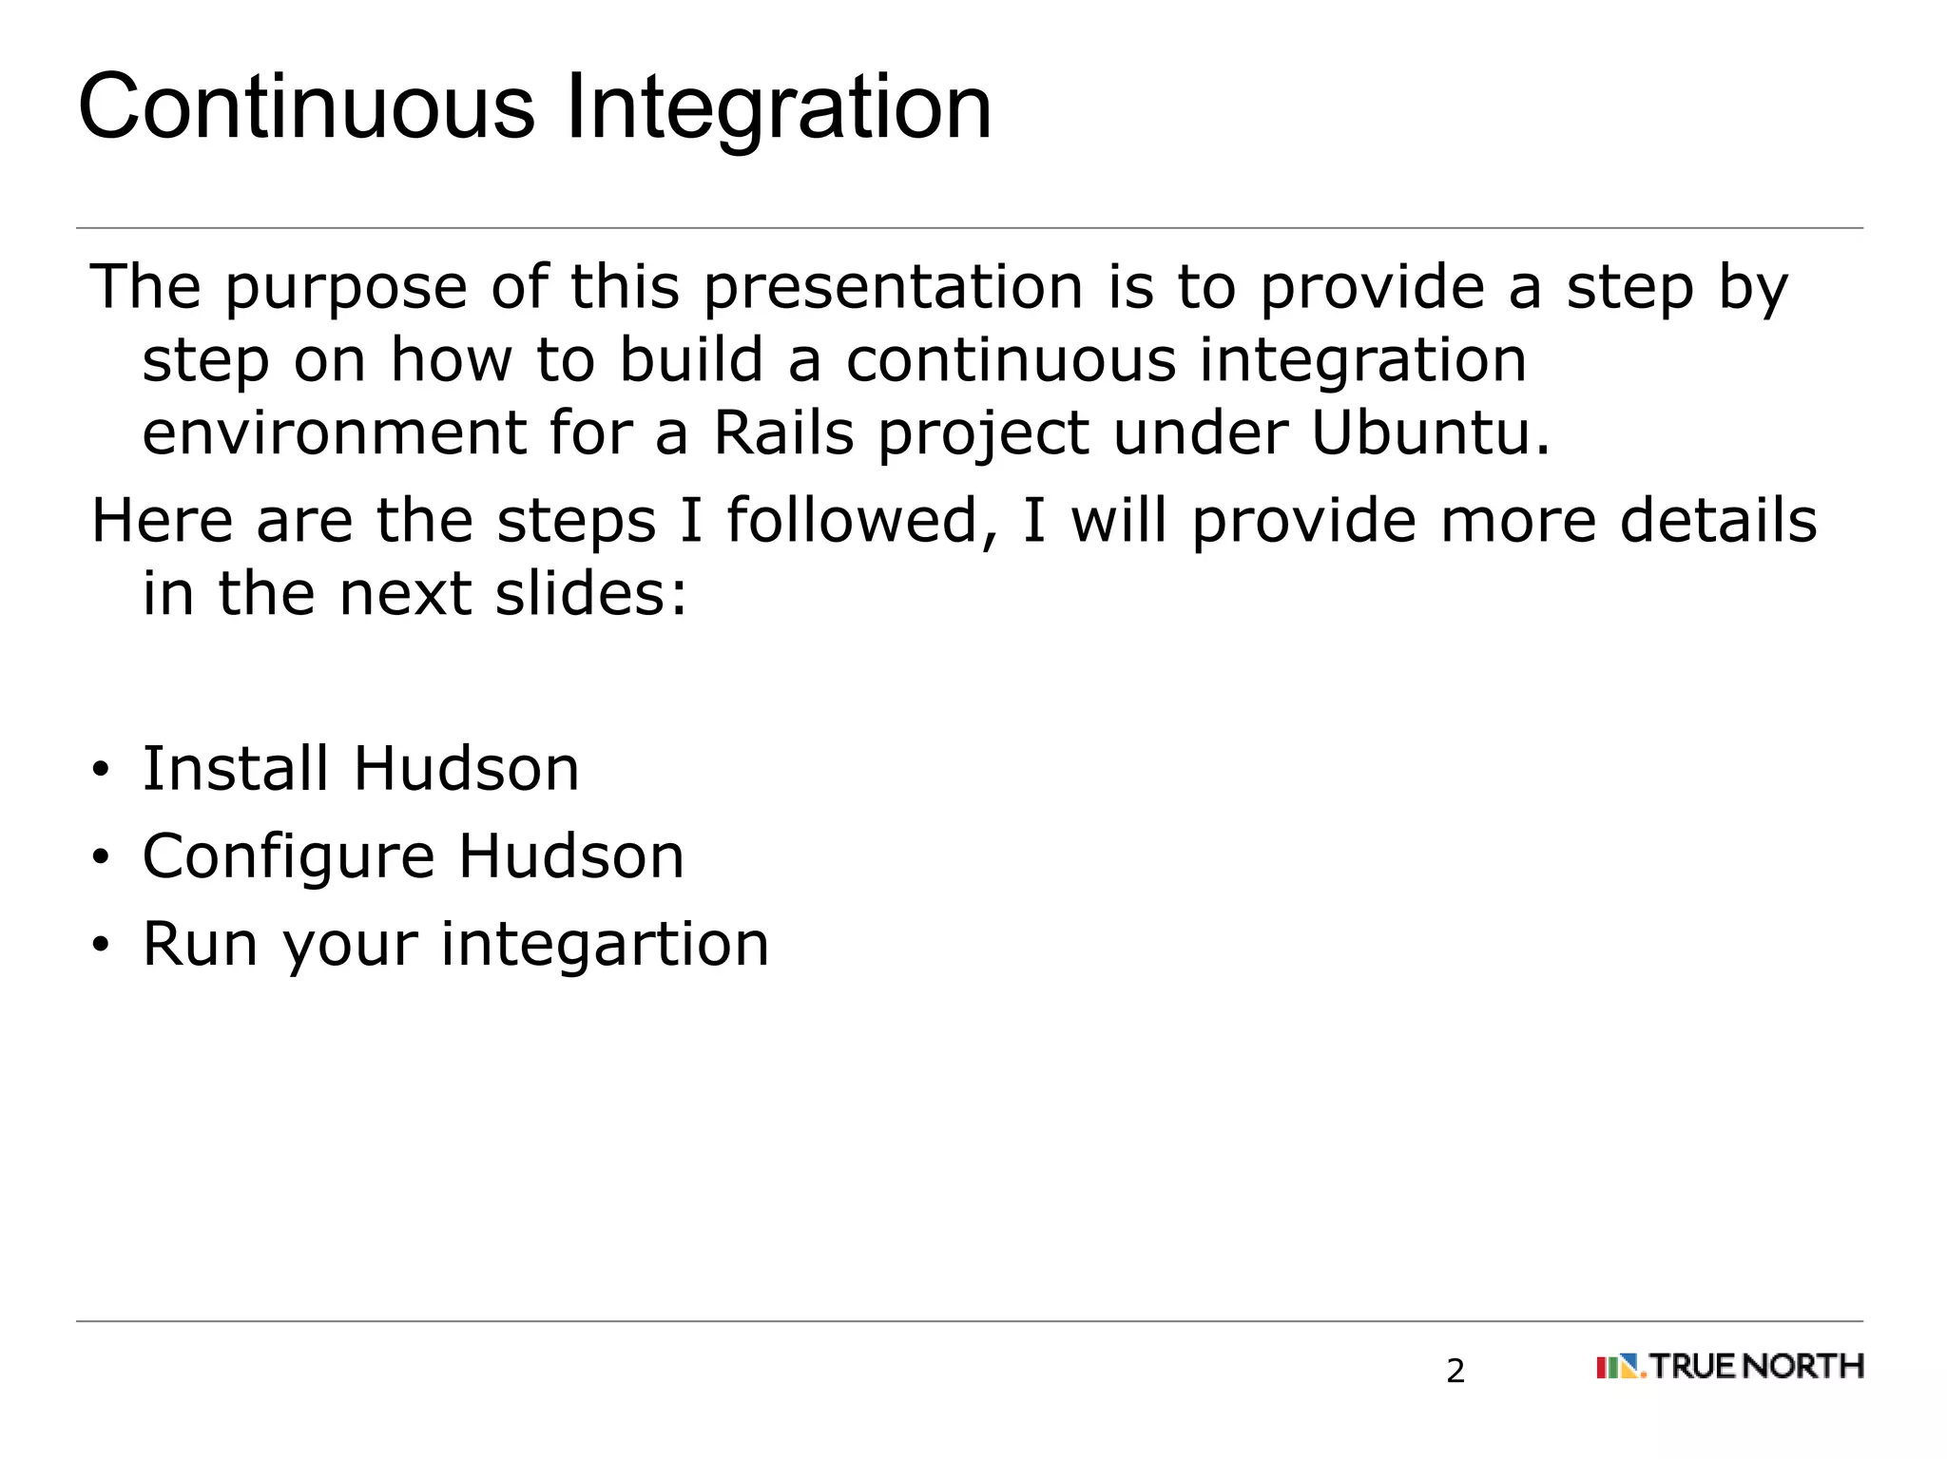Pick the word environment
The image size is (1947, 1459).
click(334, 433)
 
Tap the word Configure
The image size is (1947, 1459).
click(288, 856)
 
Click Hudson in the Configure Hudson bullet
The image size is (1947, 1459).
click(570, 856)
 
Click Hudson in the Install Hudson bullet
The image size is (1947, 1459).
click(466, 768)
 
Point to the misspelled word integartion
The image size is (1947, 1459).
click(605, 945)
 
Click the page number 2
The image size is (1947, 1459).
click(1455, 1371)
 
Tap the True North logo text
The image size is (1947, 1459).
click(1756, 1367)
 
